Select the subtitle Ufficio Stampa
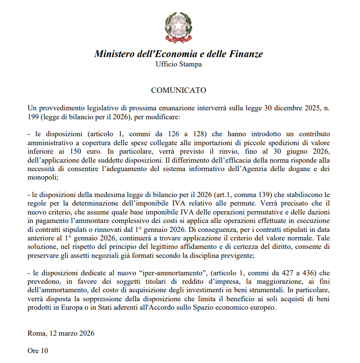pyautogui.click(x=179, y=64)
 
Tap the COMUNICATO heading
pyautogui.click(x=179, y=90)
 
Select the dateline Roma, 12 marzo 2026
pyautogui.click(x=61, y=333)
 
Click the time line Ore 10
pyautogui.click(x=38, y=350)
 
